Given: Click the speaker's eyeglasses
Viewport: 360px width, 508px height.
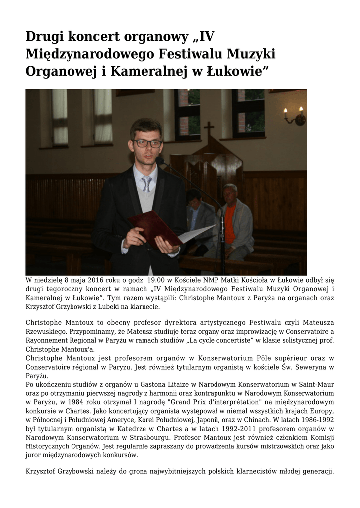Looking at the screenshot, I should (x=147, y=143).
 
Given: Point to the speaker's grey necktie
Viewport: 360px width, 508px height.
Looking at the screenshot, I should (x=146, y=184).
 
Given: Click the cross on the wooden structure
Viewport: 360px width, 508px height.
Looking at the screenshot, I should (x=209, y=129).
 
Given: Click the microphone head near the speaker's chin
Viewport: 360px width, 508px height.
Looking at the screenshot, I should (x=161, y=160).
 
